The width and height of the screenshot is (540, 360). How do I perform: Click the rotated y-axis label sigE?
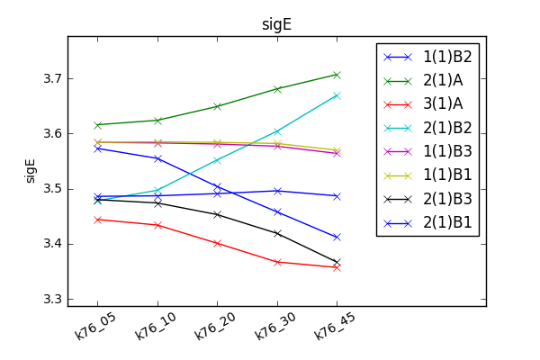point(30,166)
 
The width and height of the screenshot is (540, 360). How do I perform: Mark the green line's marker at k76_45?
point(337,75)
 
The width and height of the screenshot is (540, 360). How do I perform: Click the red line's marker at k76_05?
point(98,220)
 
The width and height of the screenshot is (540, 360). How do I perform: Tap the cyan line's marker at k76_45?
point(337,95)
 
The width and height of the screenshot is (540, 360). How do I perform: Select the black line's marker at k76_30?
point(277,233)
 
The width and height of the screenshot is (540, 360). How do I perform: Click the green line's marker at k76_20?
point(217,106)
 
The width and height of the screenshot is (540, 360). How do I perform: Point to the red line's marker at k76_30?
point(277,262)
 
